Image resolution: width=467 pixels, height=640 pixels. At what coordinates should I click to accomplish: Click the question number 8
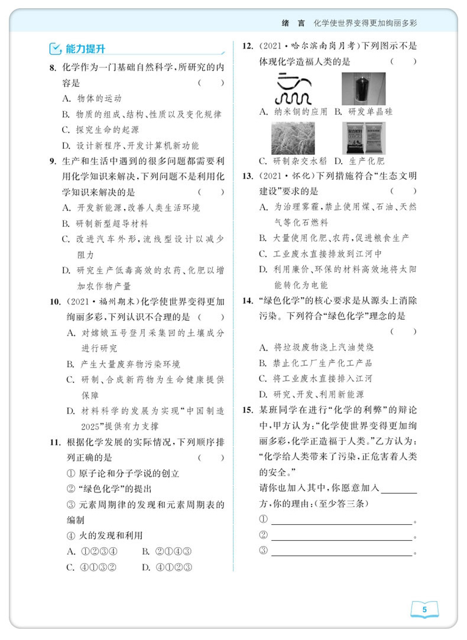click(x=53, y=67)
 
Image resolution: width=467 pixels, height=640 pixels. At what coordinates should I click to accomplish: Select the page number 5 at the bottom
click(x=424, y=610)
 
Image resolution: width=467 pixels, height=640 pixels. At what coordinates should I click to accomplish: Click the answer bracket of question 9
click(x=211, y=192)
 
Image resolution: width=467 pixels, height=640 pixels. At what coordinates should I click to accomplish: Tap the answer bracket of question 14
click(x=403, y=332)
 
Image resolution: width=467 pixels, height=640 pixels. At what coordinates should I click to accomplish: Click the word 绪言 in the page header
click(x=294, y=24)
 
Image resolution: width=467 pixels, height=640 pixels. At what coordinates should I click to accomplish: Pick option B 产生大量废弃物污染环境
click(x=130, y=364)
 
